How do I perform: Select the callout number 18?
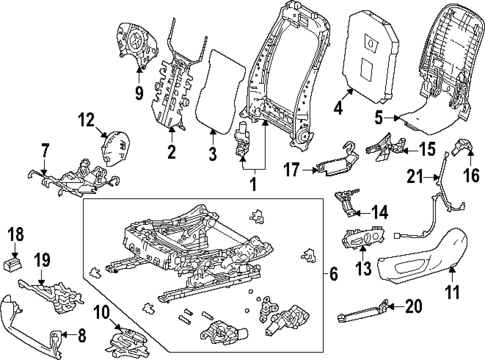pos(15,235)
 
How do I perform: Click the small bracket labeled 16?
pos(461,152)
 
